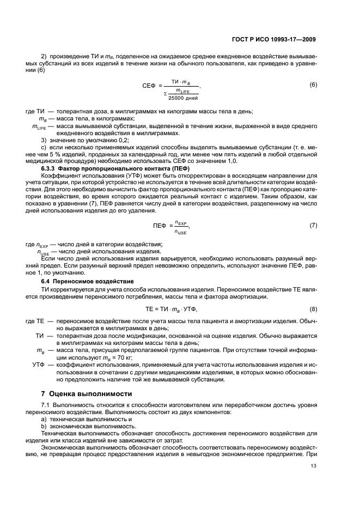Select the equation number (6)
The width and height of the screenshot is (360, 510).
pyautogui.click(x=313, y=85)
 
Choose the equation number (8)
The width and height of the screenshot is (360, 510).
pyautogui.click(x=313, y=309)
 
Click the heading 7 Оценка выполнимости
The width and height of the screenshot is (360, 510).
pyautogui.click(x=80, y=393)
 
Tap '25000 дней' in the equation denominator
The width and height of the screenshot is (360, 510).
pyautogui.click(x=183, y=98)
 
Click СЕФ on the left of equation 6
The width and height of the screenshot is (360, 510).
pyautogui.click(x=149, y=86)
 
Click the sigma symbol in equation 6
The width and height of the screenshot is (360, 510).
pyautogui.click(x=165, y=94)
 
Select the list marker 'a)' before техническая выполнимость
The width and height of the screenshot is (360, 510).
pyautogui.click(x=45, y=420)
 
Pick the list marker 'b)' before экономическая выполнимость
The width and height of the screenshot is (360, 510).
pyautogui.click(x=45, y=427)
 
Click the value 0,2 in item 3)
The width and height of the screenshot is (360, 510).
pyautogui.click(x=101, y=141)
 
